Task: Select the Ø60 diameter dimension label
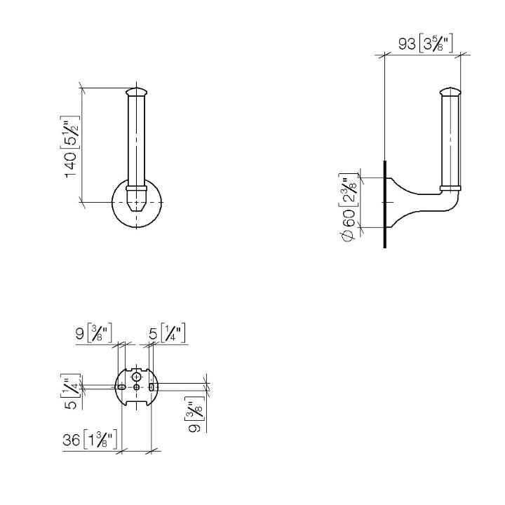click(x=348, y=204)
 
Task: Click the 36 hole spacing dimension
click(x=90, y=440)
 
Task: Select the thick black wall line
click(x=385, y=203)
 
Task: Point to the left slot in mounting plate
click(x=122, y=387)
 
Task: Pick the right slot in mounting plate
click(x=151, y=387)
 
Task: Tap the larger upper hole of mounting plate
click(x=136, y=377)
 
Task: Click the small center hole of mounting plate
click(x=136, y=387)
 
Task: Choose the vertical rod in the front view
click(x=136, y=140)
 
